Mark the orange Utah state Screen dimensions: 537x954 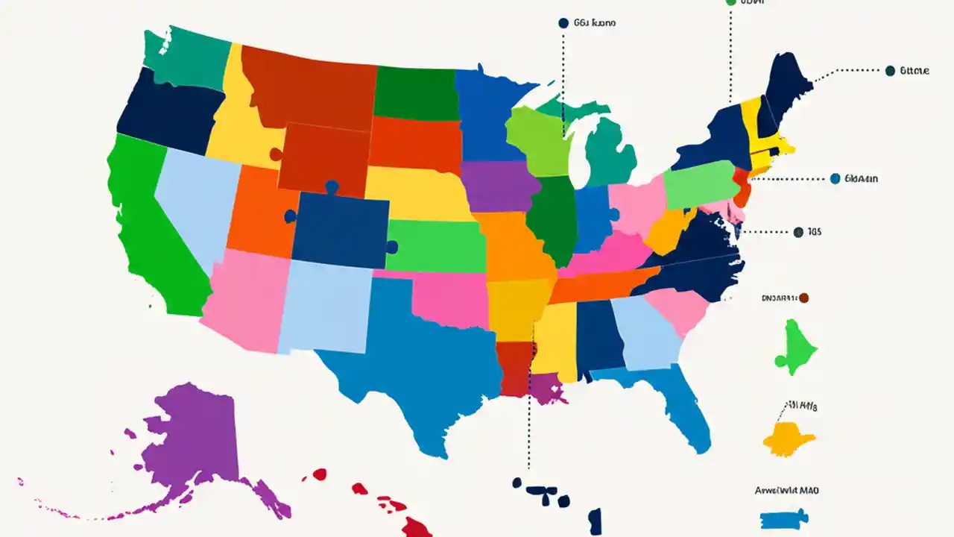point(257,213)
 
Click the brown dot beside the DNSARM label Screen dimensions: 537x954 point(803,298)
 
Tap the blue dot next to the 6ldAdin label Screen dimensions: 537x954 point(835,178)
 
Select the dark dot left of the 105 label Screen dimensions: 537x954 point(799,232)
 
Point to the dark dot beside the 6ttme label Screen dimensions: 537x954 point(890,71)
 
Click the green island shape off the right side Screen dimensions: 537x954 point(796,347)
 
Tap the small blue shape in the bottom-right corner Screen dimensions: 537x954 point(783,518)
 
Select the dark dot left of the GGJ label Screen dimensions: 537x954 point(563,23)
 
